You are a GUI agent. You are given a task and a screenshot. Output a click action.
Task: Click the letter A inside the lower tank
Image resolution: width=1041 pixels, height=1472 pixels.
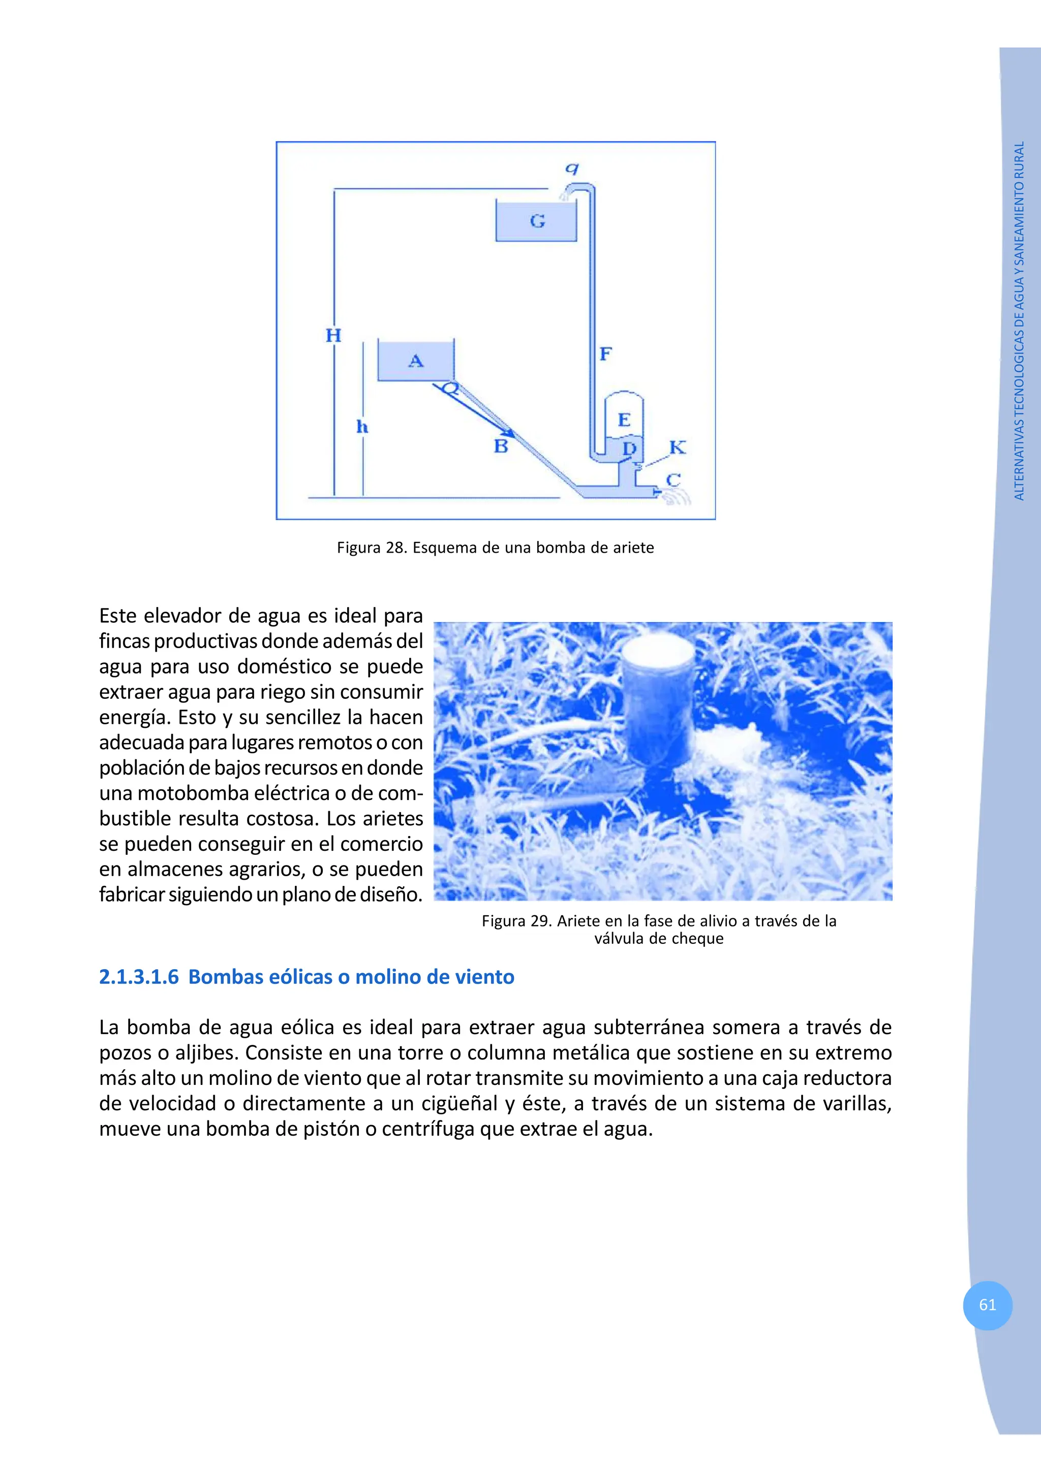416,361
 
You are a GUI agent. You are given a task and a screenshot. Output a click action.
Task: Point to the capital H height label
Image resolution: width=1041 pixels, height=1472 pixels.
333,335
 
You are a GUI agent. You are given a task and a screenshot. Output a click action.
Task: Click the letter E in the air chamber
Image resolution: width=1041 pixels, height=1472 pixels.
624,420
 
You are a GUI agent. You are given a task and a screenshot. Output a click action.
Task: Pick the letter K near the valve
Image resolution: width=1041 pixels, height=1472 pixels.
678,447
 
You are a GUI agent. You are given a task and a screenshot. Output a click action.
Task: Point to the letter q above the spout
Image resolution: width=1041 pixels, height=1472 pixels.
571,168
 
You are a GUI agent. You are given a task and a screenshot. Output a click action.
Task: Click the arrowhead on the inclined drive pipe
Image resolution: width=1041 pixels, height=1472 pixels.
506,431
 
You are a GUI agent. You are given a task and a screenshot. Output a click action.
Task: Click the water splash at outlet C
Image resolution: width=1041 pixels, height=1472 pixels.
679,496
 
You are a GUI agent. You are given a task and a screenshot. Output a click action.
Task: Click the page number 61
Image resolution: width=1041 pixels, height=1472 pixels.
987,1305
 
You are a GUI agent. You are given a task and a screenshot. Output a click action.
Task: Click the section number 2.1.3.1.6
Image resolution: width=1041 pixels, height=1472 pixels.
139,977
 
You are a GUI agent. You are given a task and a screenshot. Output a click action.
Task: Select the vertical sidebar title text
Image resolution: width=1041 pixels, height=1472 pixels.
1019,321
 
